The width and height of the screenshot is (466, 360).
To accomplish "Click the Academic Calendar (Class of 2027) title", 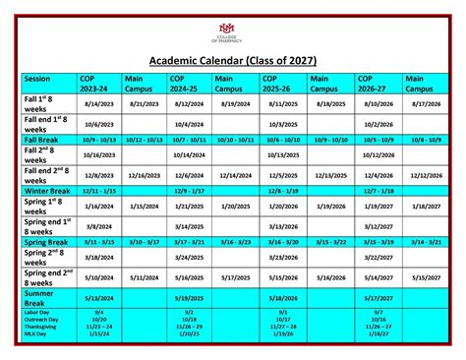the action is [x=232, y=61].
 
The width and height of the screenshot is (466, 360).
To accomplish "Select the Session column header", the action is [x=38, y=79].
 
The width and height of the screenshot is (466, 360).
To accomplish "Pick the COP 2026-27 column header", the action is [x=378, y=84].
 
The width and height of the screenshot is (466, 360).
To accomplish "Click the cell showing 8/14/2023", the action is [x=98, y=102].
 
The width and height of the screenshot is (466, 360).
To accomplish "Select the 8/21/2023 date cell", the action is [x=144, y=102].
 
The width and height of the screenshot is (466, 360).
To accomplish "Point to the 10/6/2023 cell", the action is [x=98, y=125].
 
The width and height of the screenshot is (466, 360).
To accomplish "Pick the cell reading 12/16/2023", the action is [x=144, y=175].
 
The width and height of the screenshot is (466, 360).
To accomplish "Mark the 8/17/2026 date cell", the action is [x=426, y=102].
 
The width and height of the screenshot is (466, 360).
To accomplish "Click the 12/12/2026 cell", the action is [x=426, y=175].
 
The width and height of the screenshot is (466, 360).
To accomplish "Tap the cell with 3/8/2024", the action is [x=98, y=226].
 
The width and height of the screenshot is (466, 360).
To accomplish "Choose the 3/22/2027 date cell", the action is [x=379, y=257].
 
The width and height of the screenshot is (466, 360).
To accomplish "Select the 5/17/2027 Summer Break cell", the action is [x=379, y=299].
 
